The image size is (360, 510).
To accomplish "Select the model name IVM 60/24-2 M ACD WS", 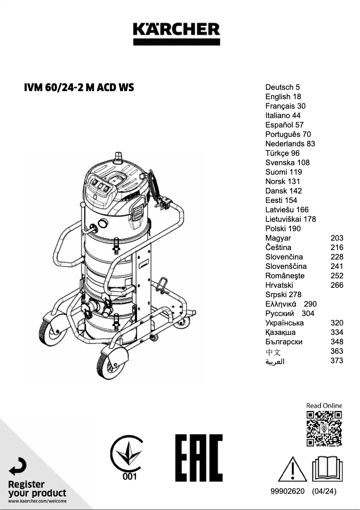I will [79, 87].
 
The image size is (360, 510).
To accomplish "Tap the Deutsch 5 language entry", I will [282, 87].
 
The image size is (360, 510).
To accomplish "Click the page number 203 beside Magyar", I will [337, 238].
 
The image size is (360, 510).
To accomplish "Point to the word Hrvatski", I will [279, 285].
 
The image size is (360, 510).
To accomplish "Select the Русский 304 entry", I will [290, 313].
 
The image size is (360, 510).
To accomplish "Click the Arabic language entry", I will [275, 361].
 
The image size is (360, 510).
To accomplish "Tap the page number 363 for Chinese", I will [337, 351].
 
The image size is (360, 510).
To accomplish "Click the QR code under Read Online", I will [324, 428].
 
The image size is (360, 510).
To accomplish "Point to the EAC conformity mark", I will [199, 457].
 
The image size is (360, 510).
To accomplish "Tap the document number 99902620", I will [288, 491].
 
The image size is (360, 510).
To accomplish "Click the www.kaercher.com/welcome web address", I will [37, 501].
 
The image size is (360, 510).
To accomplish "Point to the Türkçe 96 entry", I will [282, 153].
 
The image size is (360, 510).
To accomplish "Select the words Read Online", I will [324, 406].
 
